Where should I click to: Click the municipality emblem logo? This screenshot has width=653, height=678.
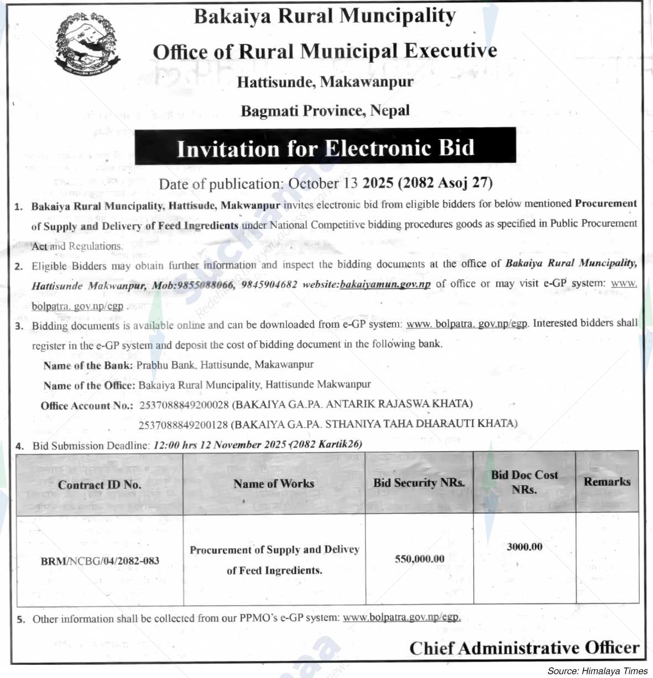tap(88, 44)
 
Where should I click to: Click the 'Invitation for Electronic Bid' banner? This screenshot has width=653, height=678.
tap(325, 148)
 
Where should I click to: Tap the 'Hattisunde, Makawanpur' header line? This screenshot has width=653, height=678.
tap(325, 82)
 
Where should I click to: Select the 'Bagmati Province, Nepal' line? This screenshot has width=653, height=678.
tap(325, 111)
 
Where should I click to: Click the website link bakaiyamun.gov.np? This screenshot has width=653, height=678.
tap(385, 285)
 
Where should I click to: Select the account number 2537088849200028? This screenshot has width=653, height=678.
tap(184, 404)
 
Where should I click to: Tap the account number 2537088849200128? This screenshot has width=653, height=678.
tap(184, 424)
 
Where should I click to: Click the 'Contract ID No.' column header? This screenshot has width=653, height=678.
tap(100, 485)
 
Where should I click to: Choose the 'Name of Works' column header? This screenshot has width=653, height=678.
tap(274, 483)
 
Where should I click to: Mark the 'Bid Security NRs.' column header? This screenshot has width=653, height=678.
tap(419, 482)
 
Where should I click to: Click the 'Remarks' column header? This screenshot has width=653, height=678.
tap(607, 481)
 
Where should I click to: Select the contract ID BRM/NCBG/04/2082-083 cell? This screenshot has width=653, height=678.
tap(100, 561)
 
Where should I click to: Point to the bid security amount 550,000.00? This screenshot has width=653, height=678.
tap(419, 559)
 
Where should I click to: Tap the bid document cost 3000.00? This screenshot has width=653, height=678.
tap(524, 547)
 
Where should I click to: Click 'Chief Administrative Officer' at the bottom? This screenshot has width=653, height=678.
tap(524, 648)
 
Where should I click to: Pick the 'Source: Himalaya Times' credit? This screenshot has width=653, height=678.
tap(597, 671)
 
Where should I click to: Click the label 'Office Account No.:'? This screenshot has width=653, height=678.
tap(87, 406)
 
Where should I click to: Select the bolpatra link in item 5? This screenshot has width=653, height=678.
tap(401, 617)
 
